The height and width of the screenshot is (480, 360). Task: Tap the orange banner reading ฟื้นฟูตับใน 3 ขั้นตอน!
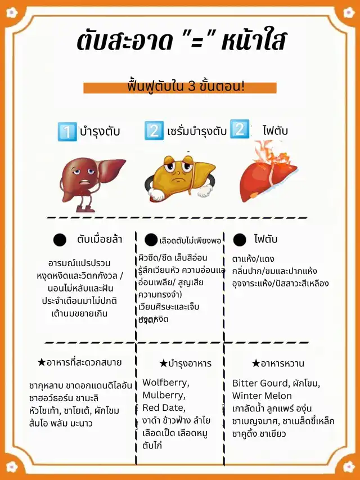pos(185,88)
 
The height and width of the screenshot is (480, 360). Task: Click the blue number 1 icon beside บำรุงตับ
pos(67,132)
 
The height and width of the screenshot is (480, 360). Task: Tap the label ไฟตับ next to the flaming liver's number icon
pos(275,131)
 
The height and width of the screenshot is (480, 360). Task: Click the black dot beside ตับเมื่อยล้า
pos(60,240)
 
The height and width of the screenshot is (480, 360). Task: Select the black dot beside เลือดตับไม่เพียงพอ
pos(151,240)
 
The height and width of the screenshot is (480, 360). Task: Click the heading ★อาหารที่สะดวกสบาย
pos(79,362)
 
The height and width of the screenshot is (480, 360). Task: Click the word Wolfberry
pos(165,383)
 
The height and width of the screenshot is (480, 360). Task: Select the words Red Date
pos(164,407)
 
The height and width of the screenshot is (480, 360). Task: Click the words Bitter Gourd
pos(259,383)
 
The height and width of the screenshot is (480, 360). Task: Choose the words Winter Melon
pos(262,396)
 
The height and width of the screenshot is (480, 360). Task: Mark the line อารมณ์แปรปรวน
pos(79,263)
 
